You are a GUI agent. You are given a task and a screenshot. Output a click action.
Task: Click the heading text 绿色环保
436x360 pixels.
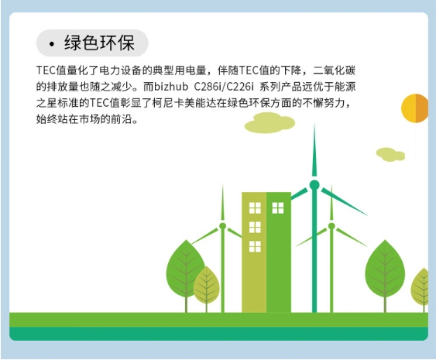point(100,43)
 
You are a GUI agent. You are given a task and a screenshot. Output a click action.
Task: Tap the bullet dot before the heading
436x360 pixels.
point(51,44)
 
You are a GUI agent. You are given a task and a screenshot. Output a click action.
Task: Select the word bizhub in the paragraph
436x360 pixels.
point(171,87)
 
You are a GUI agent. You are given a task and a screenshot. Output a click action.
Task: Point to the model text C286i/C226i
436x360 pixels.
point(224,87)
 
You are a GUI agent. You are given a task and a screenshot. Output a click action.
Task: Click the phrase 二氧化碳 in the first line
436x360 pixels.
point(335,70)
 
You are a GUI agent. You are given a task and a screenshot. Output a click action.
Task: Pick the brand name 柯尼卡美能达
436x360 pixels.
point(184,103)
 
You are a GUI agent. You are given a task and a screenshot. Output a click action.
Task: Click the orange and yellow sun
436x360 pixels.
point(414,108)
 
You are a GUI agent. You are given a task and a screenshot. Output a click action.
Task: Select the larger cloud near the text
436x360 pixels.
point(269,122)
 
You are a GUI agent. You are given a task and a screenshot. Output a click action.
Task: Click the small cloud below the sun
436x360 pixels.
point(390,155)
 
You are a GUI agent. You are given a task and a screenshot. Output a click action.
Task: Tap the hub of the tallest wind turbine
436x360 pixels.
point(314,184)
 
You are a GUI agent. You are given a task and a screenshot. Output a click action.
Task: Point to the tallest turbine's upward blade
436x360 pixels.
point(314,150)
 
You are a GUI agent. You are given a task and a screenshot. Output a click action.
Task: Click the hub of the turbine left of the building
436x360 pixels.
point(222,226)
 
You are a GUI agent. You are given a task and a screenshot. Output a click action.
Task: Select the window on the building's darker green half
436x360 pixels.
point(278,207)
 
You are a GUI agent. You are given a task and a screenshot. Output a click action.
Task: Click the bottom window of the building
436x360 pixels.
point(255,246)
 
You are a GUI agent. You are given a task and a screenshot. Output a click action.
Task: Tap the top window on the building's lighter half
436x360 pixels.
point(255,207)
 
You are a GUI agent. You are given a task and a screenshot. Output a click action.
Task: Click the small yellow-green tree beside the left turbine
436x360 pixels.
point(206,289)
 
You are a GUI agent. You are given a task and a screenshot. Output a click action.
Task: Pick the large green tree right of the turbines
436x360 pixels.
point(385,275)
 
